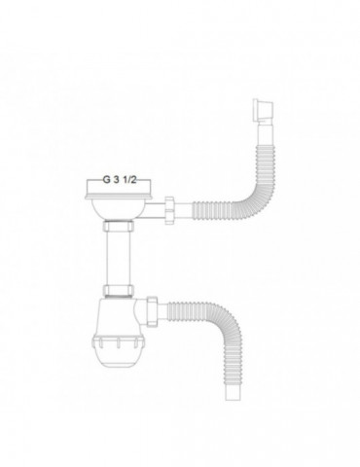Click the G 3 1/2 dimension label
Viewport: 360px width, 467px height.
coord(121,180)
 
